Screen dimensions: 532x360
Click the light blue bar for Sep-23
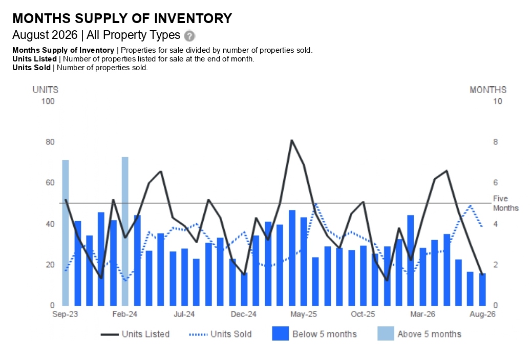(66, 233)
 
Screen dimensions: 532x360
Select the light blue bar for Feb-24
(125, 231)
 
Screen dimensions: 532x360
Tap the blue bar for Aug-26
(482, 289)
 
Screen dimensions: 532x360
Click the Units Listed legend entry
(135, 334)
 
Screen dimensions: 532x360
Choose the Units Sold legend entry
(220, 334)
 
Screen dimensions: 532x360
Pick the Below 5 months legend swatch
(280, 333)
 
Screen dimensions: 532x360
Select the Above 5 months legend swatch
(386, 333)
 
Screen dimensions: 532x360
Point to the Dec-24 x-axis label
(244, 314)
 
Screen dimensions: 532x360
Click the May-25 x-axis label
(303, 314)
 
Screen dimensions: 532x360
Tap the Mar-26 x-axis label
(422, 314)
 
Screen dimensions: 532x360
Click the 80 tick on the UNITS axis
(50, 142)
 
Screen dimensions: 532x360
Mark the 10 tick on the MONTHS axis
(497, 101)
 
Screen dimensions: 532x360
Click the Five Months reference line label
(505, 203)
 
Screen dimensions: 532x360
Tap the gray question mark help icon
(189, 36)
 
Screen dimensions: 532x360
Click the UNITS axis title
(46, 90)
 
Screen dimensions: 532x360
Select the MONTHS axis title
(488, 90)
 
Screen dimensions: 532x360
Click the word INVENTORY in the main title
(193, 18)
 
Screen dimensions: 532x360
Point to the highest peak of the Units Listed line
(291, 140)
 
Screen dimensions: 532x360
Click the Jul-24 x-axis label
(184, 314)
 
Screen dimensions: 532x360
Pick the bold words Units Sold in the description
(32, 68)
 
